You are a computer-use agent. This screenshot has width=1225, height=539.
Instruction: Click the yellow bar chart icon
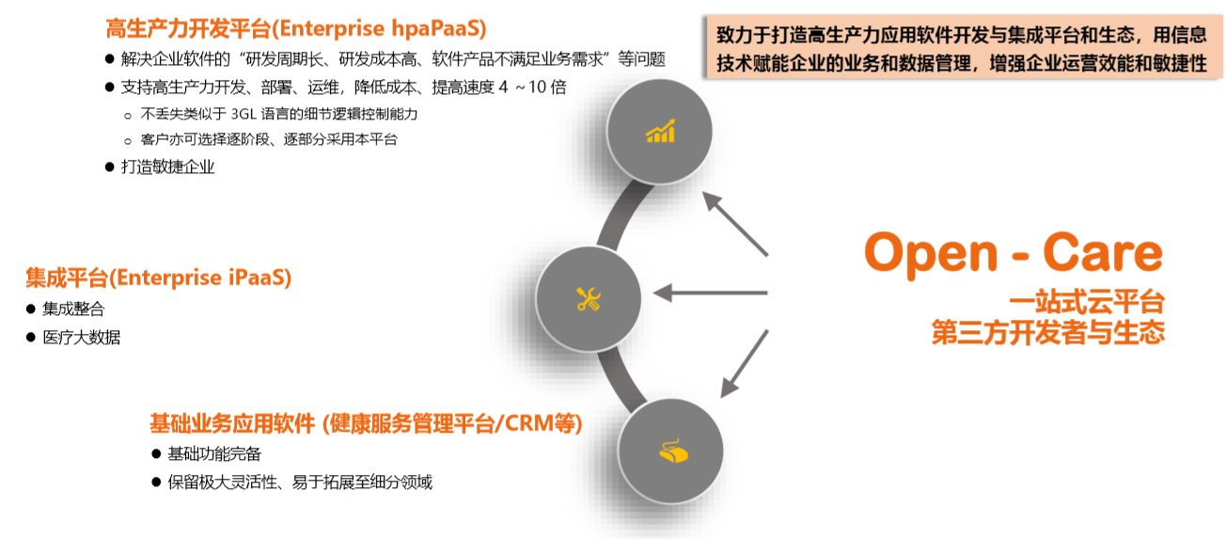pyautogui.click(x=661, y=132)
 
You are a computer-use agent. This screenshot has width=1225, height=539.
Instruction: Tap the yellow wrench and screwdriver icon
pyautogui.click(x=589, y=299)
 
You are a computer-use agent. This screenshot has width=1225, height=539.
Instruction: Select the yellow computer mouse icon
pyautogui.click(x=673, y=451)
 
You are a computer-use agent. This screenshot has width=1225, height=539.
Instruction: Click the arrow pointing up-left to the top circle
pyautogui.click(x=735, y=224)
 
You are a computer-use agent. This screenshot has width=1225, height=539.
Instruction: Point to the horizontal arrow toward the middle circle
pyautogui.click(x=711, y=293)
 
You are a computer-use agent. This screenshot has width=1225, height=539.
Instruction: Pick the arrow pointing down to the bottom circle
pyautogui.click(x=745, y=364)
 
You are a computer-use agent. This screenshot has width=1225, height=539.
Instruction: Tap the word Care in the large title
pyautogui.click(x=1103, y=252)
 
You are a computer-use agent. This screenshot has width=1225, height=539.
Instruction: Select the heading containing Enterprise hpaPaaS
pyautogui.click(x=296, y=28)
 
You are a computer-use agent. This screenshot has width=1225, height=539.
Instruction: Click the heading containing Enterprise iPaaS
pyautogui.click(x=159, y=277)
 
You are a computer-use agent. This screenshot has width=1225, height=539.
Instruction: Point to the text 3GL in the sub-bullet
pyautogui.click(x=243, y=114)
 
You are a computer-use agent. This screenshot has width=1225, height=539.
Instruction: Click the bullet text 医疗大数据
pyautogui.click(x=82, y=337)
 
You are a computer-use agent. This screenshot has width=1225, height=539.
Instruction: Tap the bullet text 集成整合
pyautogui.click(x=73, y=309)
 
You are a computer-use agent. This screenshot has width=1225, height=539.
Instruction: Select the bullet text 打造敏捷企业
pyautogui.click(x=168, y=166)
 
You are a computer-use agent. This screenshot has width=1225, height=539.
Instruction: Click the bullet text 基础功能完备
pyautogui.click(x=214, y=453)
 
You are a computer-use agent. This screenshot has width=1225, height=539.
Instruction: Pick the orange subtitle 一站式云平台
pyautogui.click(x=1087, y=303)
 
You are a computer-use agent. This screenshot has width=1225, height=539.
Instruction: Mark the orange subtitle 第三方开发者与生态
pyautogui.click(x=1048, y=333)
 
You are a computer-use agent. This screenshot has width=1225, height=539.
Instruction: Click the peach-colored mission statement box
pyautogui.click(x=963, y=47)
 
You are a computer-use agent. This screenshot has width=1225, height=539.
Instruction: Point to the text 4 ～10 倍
pyautogui.click(x=532, y=87)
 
